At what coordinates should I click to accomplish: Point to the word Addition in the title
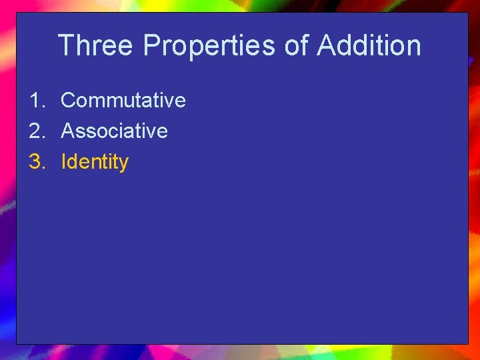(369, 46)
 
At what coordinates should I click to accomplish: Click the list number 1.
(36, 101)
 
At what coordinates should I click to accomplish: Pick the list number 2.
(36, 131)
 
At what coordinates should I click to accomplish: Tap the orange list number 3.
(36, 162)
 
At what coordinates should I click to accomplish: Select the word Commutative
(123, 101)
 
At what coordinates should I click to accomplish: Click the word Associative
(114, 131)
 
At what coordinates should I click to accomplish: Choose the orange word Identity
(95, 162)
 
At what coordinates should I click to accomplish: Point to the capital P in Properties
(151, 46)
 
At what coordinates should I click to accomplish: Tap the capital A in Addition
(327, 46)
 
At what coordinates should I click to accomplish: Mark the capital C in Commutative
(68, 101)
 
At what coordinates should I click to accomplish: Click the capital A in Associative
(67, 131)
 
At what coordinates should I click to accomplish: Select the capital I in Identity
(63, 162)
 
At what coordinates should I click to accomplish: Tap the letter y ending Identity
(123, 164)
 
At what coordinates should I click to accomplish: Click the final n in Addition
(414, 46)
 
